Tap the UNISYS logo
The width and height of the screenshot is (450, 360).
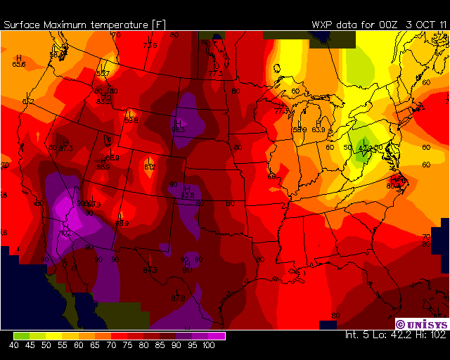420,324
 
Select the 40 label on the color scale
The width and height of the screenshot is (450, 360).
14,345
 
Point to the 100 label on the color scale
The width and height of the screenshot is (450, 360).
209,345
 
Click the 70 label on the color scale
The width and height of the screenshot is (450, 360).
111,345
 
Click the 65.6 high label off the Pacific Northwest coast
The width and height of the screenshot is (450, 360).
19,65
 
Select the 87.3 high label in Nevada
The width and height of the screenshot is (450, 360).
66,148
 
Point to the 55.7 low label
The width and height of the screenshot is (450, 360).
103,73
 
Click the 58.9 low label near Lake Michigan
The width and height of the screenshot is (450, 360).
299,129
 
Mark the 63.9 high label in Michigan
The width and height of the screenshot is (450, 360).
319,129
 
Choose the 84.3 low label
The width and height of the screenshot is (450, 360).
150,270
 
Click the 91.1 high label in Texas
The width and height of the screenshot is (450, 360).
188,270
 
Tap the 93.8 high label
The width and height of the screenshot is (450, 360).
187,195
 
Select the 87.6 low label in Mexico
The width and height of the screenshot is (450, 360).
179,298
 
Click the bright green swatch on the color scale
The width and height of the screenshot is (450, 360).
21,336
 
